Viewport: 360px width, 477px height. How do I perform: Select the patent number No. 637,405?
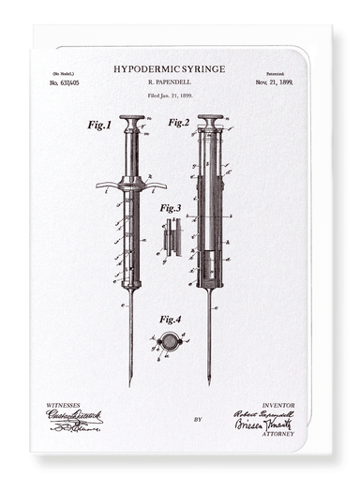(64, 82)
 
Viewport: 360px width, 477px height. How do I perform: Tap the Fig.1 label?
(98, 125)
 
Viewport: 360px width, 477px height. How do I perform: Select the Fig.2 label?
(178, 122)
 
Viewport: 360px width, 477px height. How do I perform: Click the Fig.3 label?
(170, 208)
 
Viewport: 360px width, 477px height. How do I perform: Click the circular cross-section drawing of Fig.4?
(170, 342)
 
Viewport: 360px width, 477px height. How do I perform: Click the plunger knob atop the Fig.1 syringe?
(132, 119)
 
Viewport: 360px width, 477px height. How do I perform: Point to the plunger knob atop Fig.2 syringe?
(210, 119)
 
